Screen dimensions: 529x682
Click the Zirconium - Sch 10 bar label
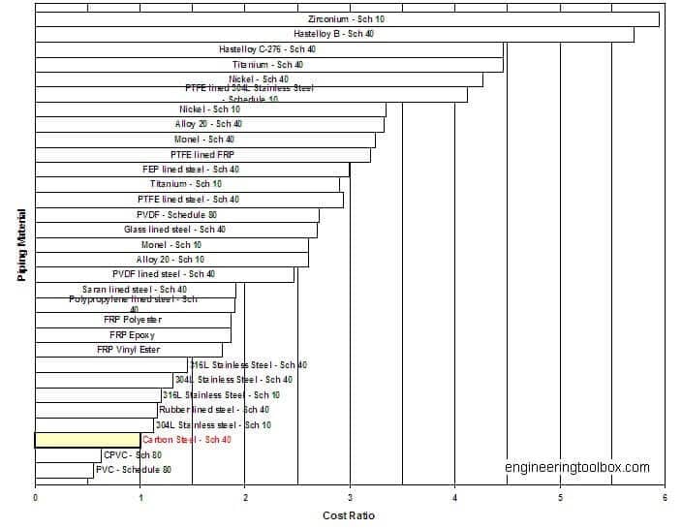[x=347, y=19]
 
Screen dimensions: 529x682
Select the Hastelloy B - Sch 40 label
[x=334, y=34]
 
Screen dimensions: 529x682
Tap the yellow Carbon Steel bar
[x=87, y=440]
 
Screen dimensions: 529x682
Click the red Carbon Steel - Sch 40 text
[x=187, y=440]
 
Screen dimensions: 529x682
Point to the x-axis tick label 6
[x=665, y=499]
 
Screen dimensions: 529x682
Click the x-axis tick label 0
[x=36, y=499]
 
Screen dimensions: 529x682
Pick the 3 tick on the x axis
[x=350, y=499]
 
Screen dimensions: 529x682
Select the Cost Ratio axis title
[x=349, y=515]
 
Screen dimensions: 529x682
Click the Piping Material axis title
[x=22, y=246]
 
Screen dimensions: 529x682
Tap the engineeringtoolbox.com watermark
[x=577, y=468]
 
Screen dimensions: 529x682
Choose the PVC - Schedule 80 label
[x=134, y=470]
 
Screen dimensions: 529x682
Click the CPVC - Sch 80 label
[x=133, y=454]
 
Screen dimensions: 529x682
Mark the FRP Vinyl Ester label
[x=129, y=350]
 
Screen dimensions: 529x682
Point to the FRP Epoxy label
[x=132, y=335]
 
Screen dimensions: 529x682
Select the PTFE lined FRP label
[x=202, y=154]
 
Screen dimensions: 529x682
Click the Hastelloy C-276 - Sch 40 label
[x=267, y=49]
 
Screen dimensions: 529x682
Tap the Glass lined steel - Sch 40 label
[x=174, y=230]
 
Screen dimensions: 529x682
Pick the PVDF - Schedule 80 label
[x=176, y=214]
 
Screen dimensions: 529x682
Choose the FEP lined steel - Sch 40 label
[x=191, y=170]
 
